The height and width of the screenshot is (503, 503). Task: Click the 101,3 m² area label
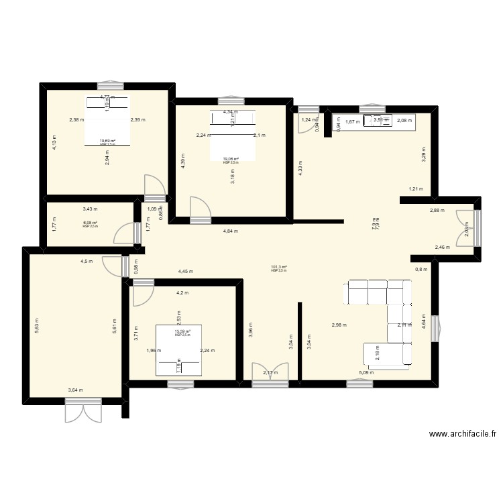pos(279,267)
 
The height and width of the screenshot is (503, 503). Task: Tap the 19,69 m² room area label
pos(107,141)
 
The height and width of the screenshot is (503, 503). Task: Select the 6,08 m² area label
pos(91,223)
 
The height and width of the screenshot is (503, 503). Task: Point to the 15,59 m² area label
pos(182,331)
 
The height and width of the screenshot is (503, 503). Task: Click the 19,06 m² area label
pos(231,159)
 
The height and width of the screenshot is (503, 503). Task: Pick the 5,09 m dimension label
pos(366,373)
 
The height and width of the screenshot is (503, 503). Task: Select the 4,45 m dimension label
pos(185,272)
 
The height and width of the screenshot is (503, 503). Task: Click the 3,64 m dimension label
pos(76,390)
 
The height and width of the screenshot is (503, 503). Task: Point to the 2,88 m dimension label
pos(437,210)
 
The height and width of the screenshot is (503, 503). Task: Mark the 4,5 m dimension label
pos(87,261)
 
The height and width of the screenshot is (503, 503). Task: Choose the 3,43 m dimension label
pos(90,209)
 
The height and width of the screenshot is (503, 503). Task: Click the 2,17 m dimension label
pos(270,373)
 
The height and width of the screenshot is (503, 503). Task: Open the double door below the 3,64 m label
pos(83,410)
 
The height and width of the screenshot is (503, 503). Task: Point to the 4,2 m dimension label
pos(182,293)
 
